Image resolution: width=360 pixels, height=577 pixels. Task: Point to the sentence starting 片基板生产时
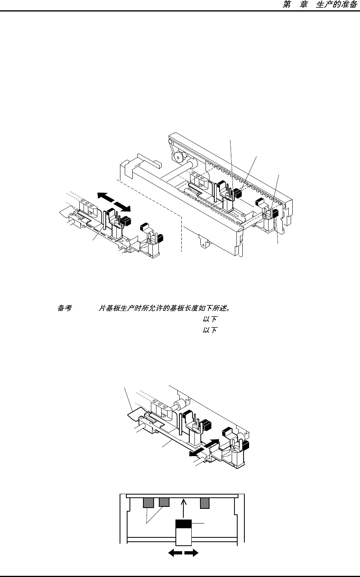[x=164, y=308]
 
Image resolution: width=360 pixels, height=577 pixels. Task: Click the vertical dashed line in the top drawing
[x=181, y=234]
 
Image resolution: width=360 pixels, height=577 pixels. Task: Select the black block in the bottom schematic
[x=183, y=524]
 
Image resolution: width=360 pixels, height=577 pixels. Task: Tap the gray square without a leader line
[x=204, y=502]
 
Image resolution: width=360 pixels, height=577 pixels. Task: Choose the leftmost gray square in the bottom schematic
[x=148, y=502]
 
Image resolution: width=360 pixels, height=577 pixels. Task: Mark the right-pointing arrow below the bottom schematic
[x=192, y=553]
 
